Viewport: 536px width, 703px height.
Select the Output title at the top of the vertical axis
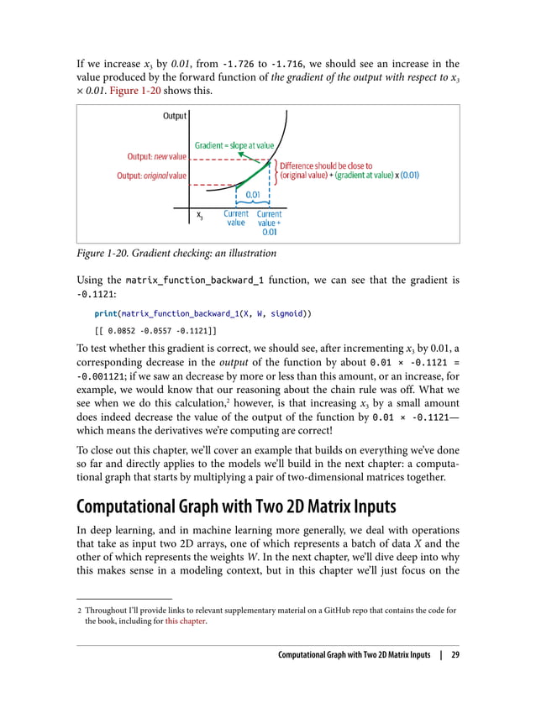[x=174, y=117]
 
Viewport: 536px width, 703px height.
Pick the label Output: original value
[x=151, y=176]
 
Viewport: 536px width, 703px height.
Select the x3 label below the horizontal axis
[x=199, y=216]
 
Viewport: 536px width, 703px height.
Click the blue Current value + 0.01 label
[x=269, y=223]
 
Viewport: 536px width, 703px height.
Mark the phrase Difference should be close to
[x=326, y=165]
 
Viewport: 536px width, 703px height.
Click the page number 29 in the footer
[x=455, y=656]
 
